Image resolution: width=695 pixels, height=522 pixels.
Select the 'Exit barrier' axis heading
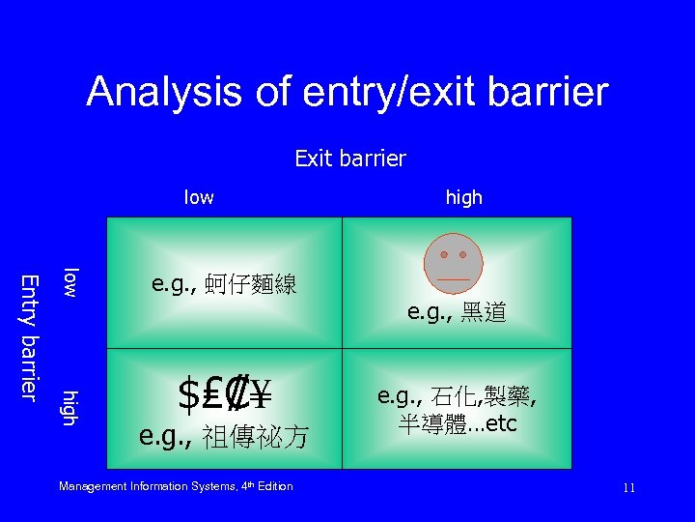click(350, 158)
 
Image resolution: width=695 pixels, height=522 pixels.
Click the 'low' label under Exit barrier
click(199, 197)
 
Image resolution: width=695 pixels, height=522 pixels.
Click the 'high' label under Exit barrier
click(463, 197)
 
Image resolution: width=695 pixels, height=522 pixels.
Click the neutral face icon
click(453, 262)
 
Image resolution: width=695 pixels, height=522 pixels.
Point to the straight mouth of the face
click(453, 278)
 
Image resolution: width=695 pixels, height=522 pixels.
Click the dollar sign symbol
click(188, 392)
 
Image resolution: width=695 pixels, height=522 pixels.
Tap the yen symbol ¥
click(259, 392)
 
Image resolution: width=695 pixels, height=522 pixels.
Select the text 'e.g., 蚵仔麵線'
click(224, 284)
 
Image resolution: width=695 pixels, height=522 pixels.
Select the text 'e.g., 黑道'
click(457, 312)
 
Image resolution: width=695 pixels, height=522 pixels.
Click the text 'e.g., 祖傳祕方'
click(224, 438)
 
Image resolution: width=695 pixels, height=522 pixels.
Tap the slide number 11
click(628, 488)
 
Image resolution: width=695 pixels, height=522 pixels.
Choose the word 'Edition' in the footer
click(274, 486)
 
